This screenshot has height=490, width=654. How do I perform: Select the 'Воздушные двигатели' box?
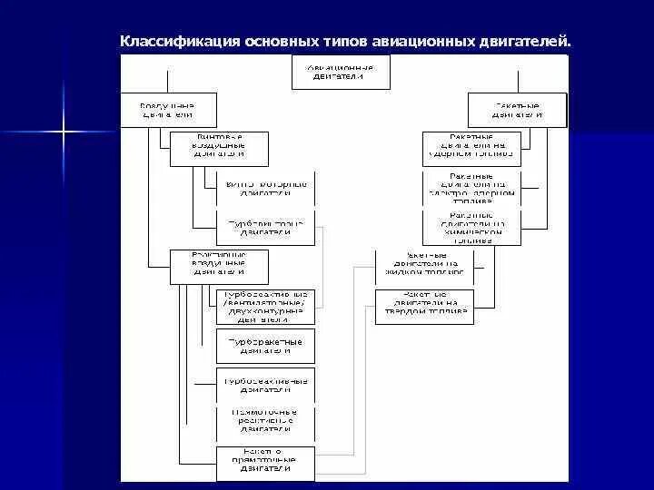[x=168, y=110]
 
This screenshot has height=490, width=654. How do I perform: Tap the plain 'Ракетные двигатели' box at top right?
[x=518, y=110]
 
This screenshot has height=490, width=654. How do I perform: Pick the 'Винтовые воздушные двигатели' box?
[x=219, y=149]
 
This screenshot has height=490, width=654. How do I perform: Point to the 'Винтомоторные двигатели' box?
[x=266, y=188]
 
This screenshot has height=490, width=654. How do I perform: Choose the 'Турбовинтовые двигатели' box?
[x=266, y=227]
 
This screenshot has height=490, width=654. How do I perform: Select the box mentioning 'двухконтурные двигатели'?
[x=266, y=307]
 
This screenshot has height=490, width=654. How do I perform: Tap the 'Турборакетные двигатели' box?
[x=266, y=346]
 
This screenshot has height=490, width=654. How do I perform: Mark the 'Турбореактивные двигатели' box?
[x=266, y=385]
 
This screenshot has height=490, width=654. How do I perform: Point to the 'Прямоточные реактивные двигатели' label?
[x=266, y=420]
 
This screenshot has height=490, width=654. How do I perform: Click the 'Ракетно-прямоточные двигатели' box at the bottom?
[x=266, y=463]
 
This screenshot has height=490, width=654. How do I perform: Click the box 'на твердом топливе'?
[x=424, y=307]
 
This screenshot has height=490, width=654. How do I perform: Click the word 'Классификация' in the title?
[x=180, y=42]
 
